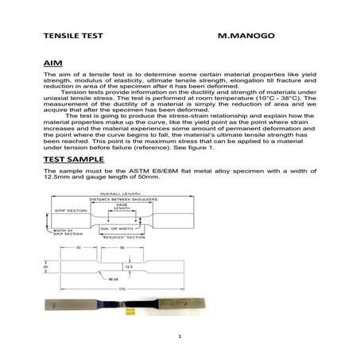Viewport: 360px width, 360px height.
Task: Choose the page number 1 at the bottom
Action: [180, 336]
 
